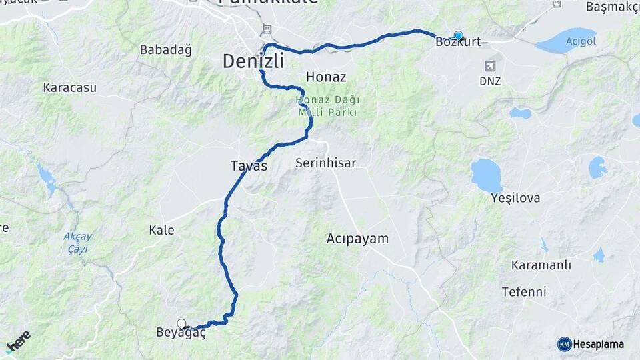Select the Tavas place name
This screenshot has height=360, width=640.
[249, 166]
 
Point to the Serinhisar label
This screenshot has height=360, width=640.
[325, 163]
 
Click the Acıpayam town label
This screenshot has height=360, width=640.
[357, 238]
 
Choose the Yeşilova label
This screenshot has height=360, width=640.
[515, 198]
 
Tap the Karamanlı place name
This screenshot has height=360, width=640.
[541, 265]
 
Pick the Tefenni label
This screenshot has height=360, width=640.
[524, 291]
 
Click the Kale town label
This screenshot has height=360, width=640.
[161, 230]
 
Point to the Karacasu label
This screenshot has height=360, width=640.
[69, 87]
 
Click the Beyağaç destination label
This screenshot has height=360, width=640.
[180, 333]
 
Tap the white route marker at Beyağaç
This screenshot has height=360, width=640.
[181, 324]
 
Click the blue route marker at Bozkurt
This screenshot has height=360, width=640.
[458, 36]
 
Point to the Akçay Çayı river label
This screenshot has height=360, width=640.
[78, 243]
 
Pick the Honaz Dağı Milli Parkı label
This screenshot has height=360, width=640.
[327, 106]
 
